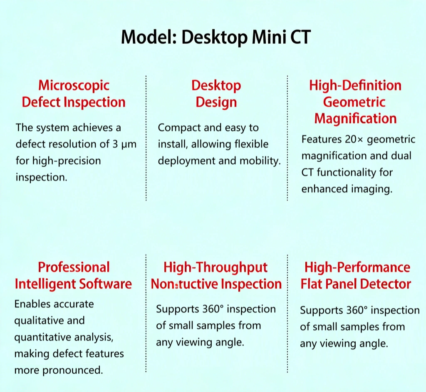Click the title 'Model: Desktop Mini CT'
(x=215, y=37)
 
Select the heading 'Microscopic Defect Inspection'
(x=74, y=94)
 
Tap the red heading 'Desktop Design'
(x=216, y=94)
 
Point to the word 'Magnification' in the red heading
(x=355, y=119)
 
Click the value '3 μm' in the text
(x=123, y=144)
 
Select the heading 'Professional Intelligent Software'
(x=73, y=275)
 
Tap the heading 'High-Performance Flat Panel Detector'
(x=356, y=275)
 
